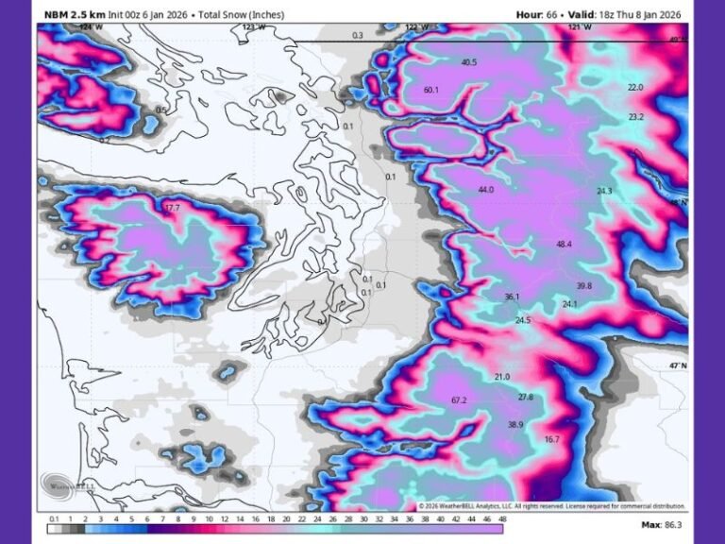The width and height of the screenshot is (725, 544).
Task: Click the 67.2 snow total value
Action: [x=460, y=400]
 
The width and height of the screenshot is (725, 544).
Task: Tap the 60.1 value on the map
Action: [x=432, y=90]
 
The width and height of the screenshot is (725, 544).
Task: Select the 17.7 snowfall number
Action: [x=172, y=208]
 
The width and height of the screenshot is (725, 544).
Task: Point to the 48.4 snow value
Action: [x=564, y=245]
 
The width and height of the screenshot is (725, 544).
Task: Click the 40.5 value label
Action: [x=469, y=62]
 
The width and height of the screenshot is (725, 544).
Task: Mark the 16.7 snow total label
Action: [x=552, y=439]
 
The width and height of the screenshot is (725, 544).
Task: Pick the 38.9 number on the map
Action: [x=515, y=425]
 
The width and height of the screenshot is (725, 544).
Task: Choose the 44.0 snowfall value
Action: [x=486, y=190]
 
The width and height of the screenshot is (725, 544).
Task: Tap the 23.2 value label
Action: [x=635, y=117]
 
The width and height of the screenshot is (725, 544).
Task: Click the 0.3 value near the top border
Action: [x=357, y=35]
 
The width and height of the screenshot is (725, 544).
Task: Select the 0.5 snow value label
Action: [x=160, y=110]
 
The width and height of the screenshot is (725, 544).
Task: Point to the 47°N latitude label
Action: [x=678, y=365]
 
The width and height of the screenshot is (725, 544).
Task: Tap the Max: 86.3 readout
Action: [x=663, y=524]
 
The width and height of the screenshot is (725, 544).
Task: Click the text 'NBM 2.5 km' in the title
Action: [x=76, y=14]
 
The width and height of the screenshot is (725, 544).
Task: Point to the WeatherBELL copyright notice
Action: [x=552, y=506]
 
